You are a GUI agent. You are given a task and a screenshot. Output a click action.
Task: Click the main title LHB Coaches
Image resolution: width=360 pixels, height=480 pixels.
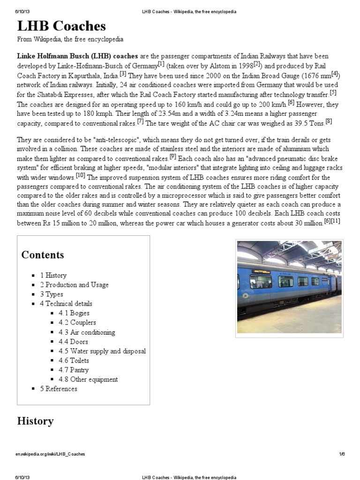(61, 26)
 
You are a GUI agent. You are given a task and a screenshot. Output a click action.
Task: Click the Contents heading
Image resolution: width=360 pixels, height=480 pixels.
(43, 255)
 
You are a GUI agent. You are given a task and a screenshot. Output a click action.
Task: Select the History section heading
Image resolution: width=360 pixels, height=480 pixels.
(35, 421)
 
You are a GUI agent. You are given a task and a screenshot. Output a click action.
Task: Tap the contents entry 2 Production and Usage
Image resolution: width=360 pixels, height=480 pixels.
(74, 285)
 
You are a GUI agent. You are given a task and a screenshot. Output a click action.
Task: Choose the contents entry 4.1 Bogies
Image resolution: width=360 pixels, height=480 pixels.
(74, 313)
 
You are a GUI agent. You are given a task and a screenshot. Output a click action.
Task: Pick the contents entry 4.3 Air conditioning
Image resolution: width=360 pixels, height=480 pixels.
(87, 332)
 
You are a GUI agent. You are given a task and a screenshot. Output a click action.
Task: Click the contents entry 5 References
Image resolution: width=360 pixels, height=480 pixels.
(59, 389)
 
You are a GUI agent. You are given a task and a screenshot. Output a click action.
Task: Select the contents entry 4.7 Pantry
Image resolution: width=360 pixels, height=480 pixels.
(74, 370)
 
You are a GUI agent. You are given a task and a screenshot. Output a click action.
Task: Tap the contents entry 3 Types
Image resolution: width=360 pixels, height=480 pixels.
(52, 294)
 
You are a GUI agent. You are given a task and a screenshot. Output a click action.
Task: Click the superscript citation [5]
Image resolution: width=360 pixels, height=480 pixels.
(333, 91)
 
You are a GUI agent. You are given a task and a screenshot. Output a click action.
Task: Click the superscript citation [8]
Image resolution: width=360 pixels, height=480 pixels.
(329, 121)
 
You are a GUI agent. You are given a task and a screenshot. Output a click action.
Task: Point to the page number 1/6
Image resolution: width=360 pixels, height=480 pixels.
(342, 454)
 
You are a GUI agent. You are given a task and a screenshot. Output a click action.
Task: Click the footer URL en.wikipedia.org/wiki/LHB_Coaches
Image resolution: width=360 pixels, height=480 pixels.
(51, 454)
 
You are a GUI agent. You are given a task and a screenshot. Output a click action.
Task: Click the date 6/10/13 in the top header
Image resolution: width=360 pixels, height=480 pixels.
(25, 11)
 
